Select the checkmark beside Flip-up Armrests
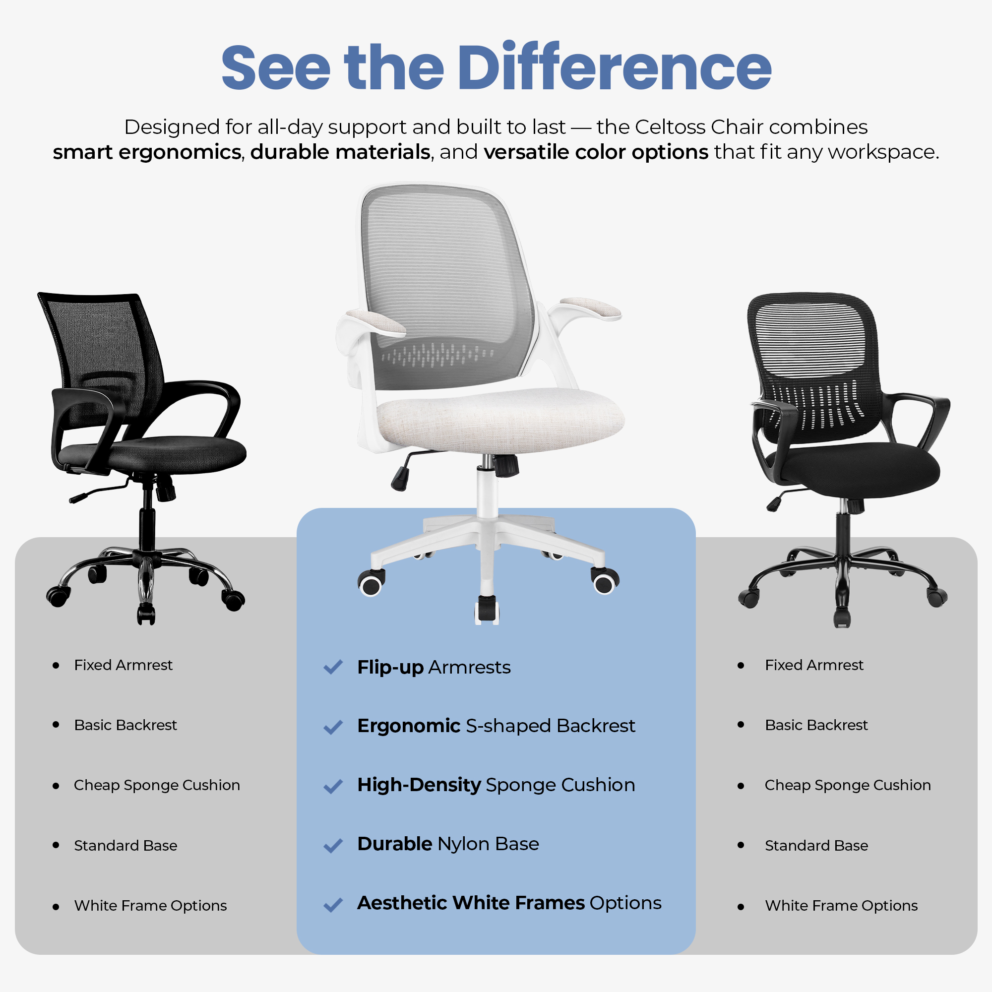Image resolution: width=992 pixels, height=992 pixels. [x=333, y=667]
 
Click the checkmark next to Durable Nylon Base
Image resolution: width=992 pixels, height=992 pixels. [x=333, y=846]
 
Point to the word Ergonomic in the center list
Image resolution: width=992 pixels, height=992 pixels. [x=409, y=726]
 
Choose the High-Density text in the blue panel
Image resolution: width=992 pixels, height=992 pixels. [x=419, y=785]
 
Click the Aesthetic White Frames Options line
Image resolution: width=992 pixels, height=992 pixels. [x=509, y=903]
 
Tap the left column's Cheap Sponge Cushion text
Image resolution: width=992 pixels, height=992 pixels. [x=157, y=785]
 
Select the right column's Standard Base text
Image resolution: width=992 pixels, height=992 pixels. [x=816, y=846]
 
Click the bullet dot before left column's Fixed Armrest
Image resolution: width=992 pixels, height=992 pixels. [x=56, y=666]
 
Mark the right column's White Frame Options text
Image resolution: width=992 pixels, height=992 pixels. [x=841, y=906]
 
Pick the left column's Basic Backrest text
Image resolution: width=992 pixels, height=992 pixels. [x=125, y=725]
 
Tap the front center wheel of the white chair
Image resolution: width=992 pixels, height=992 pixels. [x=487, y=610]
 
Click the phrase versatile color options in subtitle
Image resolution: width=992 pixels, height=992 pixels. [x=596, y=152]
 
